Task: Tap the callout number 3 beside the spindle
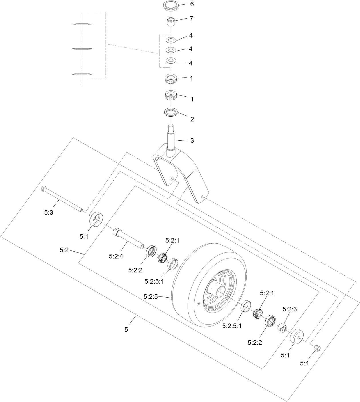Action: pos(192,140)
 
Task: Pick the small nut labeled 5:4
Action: pos(317,349)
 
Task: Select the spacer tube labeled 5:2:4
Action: pos(129,238)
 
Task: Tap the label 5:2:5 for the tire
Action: pos(151,296)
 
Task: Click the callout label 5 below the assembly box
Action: pos(126,329)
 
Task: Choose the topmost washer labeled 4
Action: pos(171,39)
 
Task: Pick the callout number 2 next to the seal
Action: pos(192,119)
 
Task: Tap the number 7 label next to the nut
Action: pos(191,19)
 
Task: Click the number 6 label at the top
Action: pos(192,4)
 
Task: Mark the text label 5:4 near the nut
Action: pos(304,363)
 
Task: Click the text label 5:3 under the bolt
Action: pos(49,212)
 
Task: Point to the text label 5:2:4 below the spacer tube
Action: pos(116,256)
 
